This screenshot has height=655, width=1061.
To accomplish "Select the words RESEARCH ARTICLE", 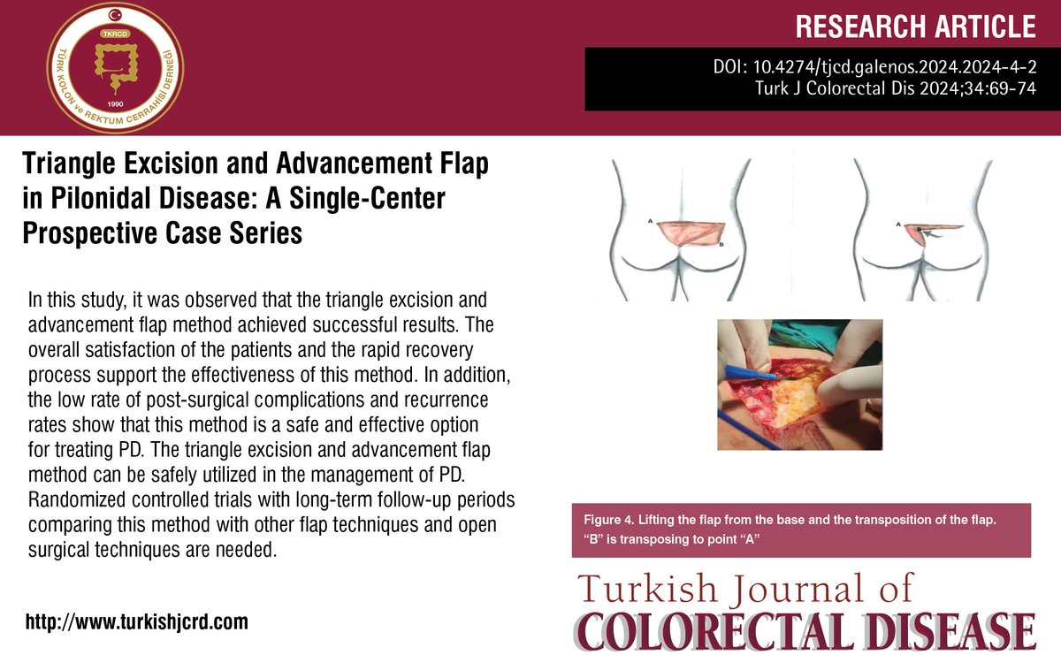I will pos(915,27).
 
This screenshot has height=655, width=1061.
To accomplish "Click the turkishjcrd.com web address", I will pos(137,621).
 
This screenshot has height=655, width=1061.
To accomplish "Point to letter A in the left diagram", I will pos(650,223).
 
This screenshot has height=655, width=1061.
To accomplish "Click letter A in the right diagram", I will pos(899,225).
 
